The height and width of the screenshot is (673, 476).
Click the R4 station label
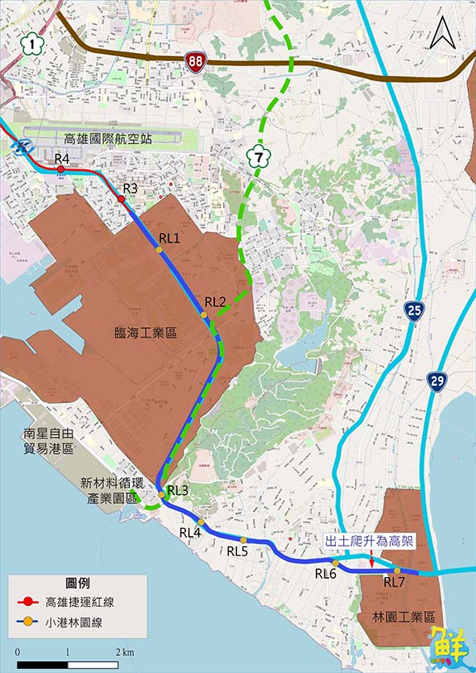62,159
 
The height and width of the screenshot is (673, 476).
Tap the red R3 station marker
121,198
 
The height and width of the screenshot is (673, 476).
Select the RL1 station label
169,238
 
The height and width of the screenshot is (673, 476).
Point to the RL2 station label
215,302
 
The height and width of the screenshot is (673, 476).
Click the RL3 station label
178,491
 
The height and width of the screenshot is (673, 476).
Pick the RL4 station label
190,532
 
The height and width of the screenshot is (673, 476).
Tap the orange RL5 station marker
243,540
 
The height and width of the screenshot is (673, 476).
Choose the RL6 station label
325,574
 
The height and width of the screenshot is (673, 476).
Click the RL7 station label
394,582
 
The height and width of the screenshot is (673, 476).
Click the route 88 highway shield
194,61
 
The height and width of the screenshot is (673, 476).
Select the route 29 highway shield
437,382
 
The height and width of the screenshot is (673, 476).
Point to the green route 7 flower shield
258,153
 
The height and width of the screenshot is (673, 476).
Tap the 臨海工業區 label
146,332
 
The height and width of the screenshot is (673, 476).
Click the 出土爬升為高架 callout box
369,541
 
